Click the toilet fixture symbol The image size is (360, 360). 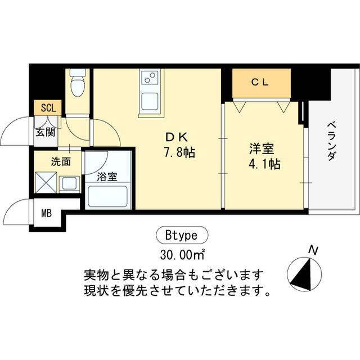pyautogui.click(x=77, y=84)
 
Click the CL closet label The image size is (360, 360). pyautogui.click(x=260, y=82)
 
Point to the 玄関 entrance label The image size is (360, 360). pyautogui.click(x=46, y=133)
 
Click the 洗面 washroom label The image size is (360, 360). pyautogui.click(x=61, y=162)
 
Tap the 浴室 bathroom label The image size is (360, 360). pyautogui.click(x=107, y=177)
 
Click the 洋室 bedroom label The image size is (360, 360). pyautogui.click(x=261, y=150)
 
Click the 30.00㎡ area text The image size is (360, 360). pyautogui.click(x=181, y=254)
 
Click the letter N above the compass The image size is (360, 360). pyautogui.click(x=313, y=250)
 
